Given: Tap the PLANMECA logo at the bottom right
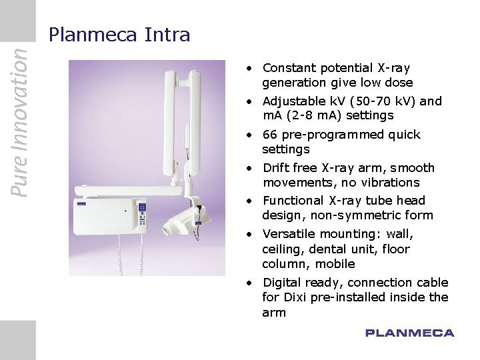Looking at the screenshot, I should click(x=409, y=333).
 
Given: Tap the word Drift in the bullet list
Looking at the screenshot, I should click(x=277, y=168).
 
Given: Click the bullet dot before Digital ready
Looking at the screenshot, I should click(x=247, y=283).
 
